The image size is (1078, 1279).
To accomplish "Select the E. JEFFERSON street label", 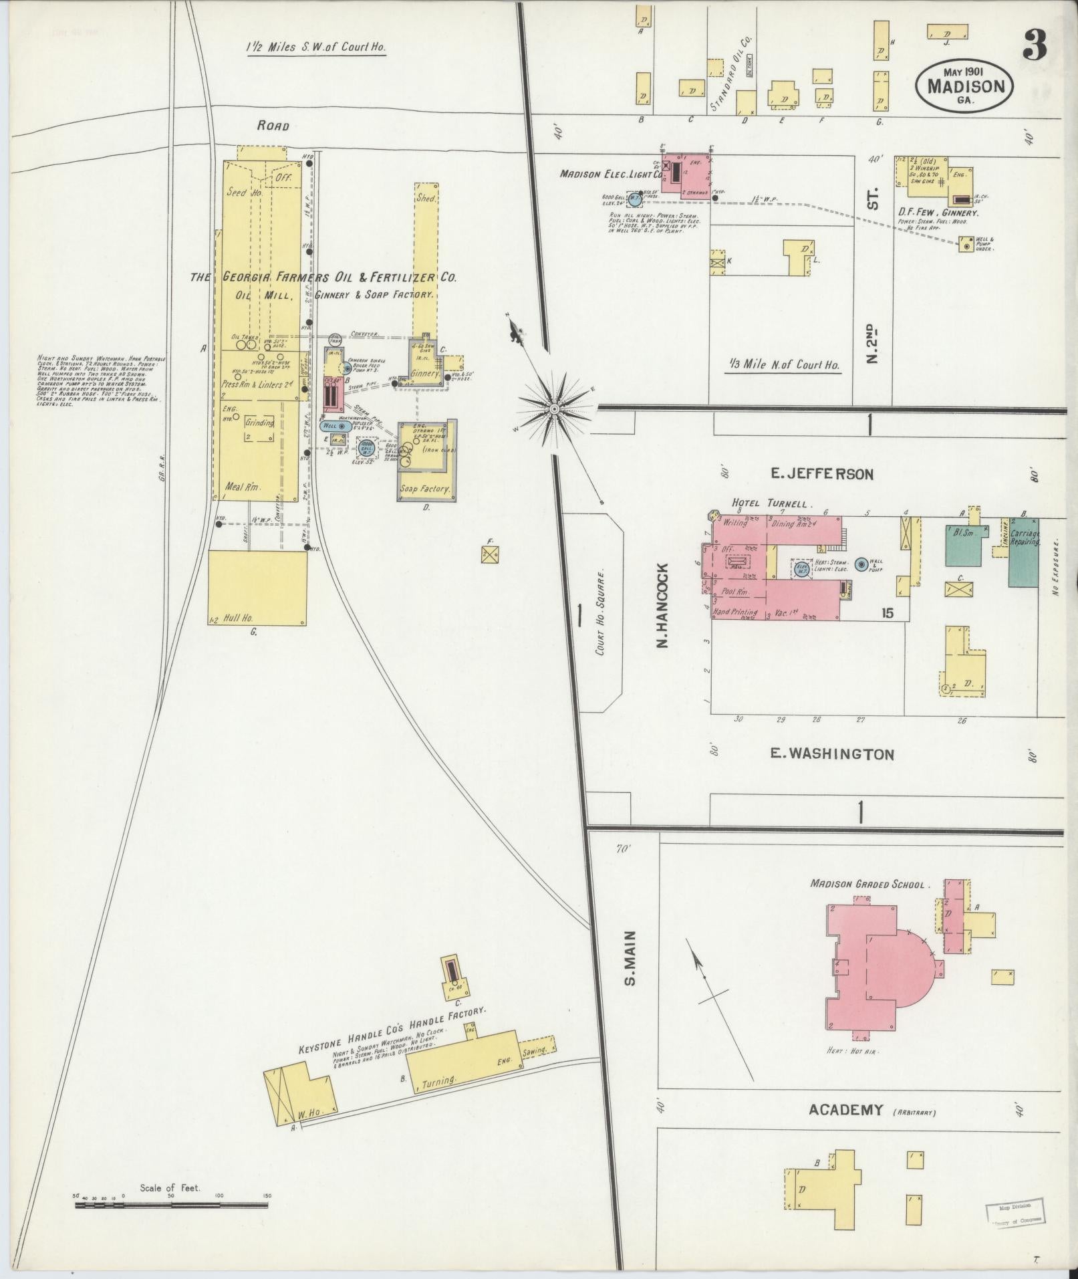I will (x=821, y=474).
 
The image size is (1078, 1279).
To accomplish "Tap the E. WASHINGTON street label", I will (x=831, y=754).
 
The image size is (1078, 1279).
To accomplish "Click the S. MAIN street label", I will (x=629, y=958).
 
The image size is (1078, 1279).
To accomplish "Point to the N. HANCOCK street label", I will (x=662, y=606).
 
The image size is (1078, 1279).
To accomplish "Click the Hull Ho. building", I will (x=257, y=588).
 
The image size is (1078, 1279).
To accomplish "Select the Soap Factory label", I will (x=425, y=489).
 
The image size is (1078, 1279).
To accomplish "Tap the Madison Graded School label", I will (x=867, y=884).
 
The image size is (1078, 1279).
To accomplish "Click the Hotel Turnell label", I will (x=770, y=503).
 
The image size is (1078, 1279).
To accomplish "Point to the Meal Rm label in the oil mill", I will (x=244, y=487).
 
